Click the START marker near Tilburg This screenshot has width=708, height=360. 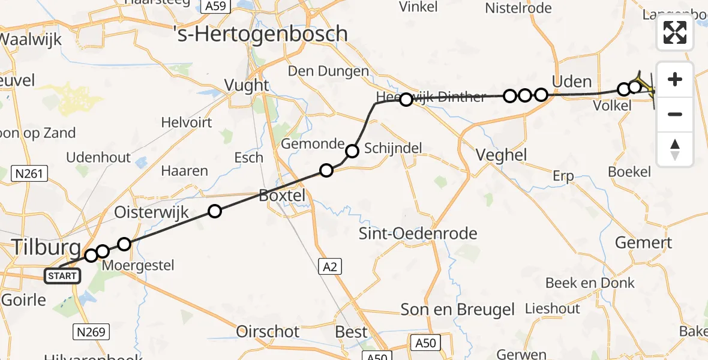tap(62, 276)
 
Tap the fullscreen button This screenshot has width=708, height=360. tap(675, 32)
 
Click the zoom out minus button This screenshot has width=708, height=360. tap(675, 114)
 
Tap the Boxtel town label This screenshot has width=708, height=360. tap(282, 195)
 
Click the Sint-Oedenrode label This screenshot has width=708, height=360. tap(418, 233)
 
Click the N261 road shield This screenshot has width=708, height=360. tap(29, 174)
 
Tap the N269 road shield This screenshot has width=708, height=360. tap(90, 331)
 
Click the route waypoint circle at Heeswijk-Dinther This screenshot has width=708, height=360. tap(406, 100)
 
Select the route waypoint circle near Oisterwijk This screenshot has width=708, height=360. tap(214, 211)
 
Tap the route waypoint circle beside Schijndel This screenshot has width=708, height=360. tap(352, 151)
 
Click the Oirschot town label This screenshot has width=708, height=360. tap(268, 331)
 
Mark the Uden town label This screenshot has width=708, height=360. tap(571, 82)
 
